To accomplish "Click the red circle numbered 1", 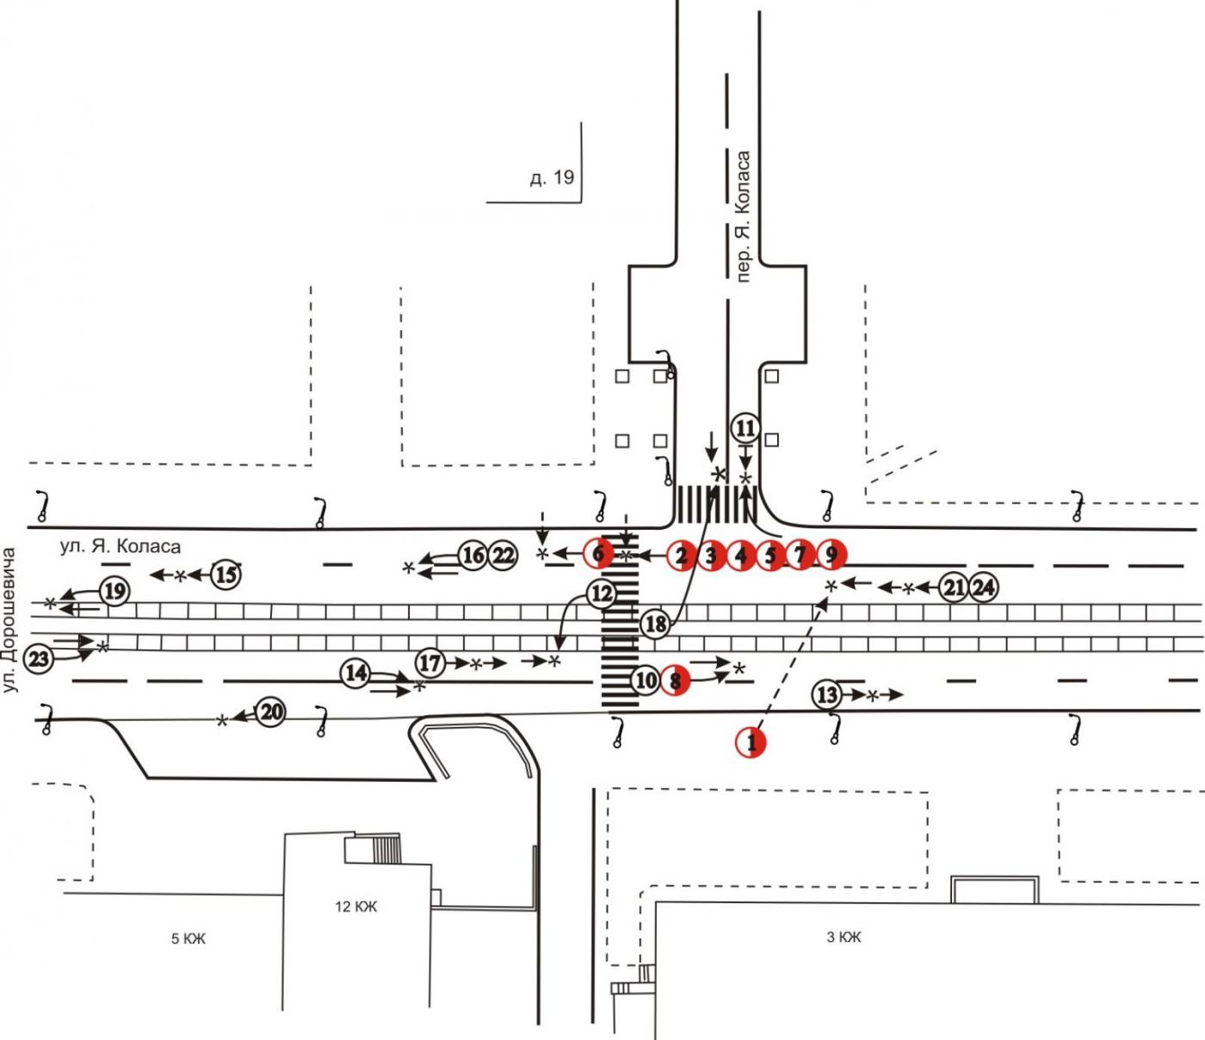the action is [x=751, y=742].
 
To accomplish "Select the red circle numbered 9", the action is [x=831, y=554].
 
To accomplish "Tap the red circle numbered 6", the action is [x=598, y=553].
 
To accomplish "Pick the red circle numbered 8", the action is [x=675, y=680].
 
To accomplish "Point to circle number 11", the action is [x=745, y=429].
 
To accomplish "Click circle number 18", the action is [x=656, y=624].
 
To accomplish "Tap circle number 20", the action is [x=271, y=712].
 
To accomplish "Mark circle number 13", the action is [x=827, y=694].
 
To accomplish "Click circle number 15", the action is [x=226, y=575].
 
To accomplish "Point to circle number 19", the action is [x=114, y=592].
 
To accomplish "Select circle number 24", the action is [x=984, y=588].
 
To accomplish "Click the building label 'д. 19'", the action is [x=552, y=177].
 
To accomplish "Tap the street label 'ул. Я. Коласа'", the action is [x=120, y=546].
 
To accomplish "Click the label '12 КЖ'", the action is [x=356, y=906].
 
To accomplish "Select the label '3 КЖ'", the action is [x=843, y=937].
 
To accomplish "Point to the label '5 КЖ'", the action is [x=188, y=938].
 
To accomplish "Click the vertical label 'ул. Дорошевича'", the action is [x=10, y=620].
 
